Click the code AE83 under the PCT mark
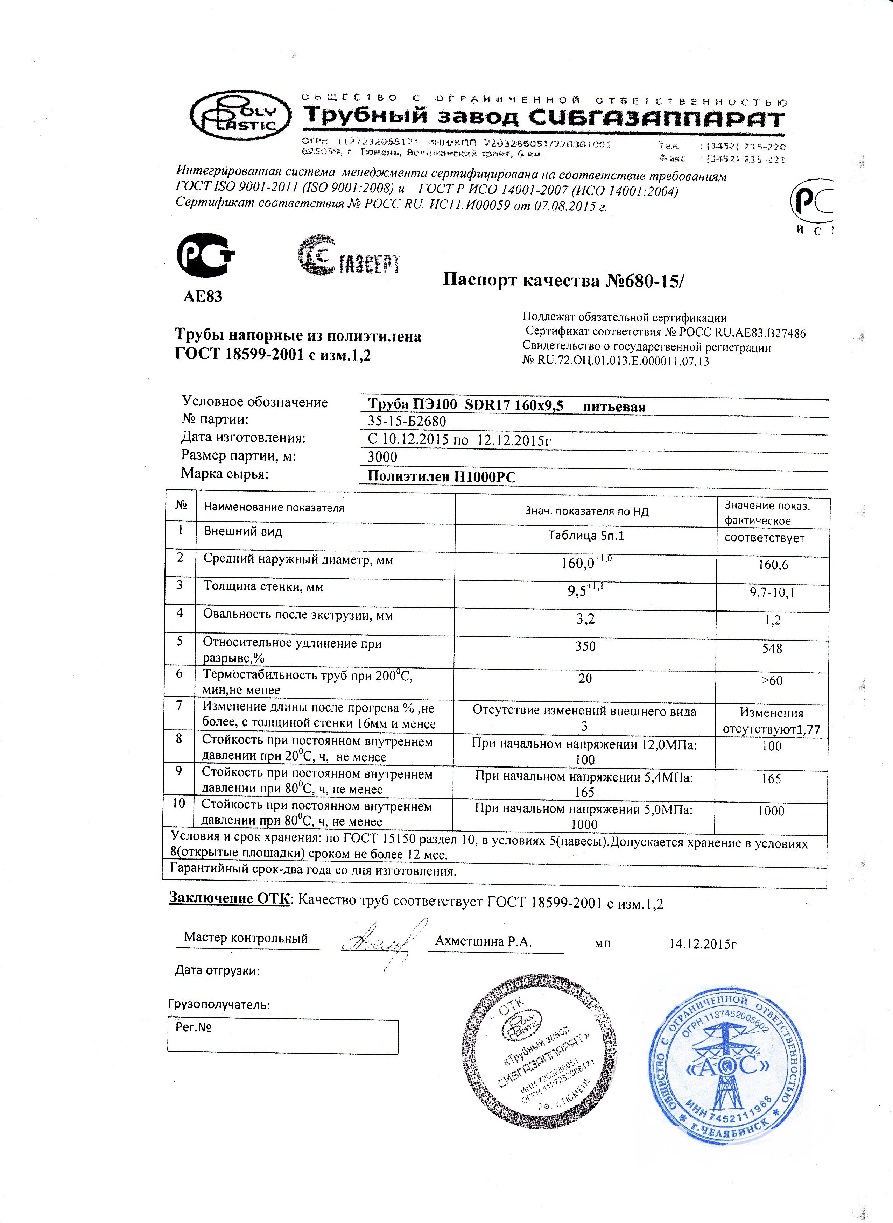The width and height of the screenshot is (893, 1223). point(203,296)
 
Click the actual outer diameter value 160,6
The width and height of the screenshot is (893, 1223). point(773,565)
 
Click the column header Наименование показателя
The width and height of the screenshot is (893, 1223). point(274,508)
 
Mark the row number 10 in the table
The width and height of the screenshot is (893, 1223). point(179,804)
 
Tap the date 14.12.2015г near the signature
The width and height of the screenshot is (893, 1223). point(703,944)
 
